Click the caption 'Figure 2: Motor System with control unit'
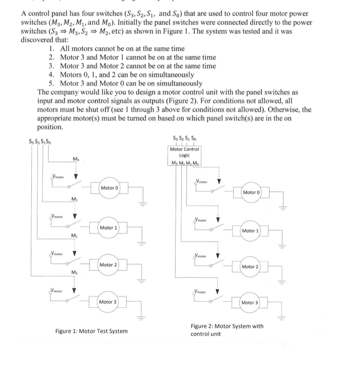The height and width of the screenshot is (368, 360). [227, 329]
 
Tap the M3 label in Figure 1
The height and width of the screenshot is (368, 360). [76, 271]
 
